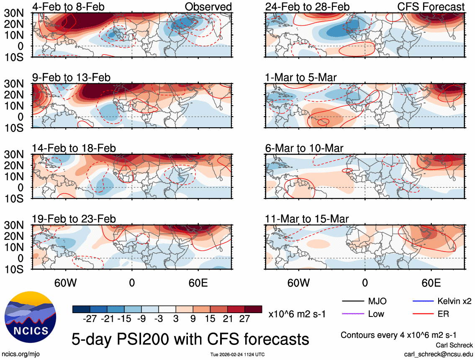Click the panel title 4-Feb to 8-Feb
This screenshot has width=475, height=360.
(x=69, y=7)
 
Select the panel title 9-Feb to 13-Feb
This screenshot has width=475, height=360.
(x=71, y=77)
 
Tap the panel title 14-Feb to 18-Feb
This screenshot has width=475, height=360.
(x=74, y=148)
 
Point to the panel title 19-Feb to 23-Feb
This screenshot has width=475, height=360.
(x=74, y=219)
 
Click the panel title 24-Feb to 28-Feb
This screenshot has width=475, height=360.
(x=307, y=7)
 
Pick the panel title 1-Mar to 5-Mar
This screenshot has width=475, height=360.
(x=300, y=77)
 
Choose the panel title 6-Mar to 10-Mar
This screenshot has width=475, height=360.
(x=304, y=148)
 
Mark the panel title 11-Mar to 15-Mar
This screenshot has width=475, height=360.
(x=307, y=219)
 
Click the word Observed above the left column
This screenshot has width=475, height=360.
(x=208, y=7)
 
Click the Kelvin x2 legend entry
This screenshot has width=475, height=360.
(x=454, y=301)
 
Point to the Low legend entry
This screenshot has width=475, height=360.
(x=376, y=314)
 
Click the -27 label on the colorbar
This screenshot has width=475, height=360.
(x=90, y=319)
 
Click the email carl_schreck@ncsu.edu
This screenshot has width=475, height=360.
(x=438, y=354)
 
